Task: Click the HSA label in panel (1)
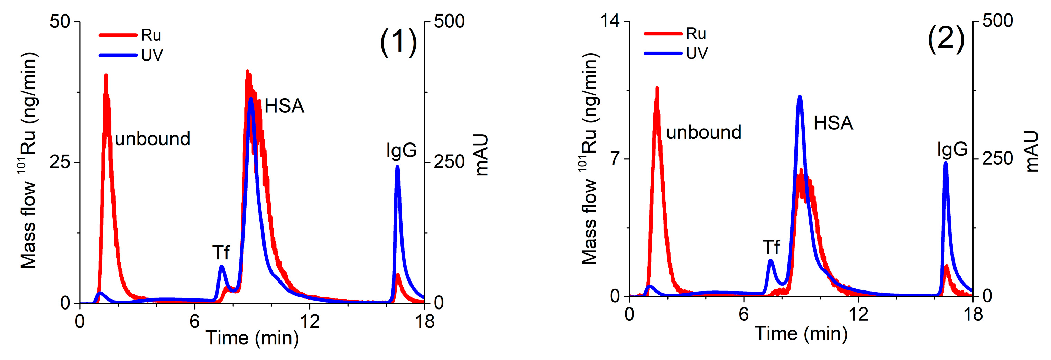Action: coord(284,106)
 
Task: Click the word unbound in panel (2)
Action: coord(703,132)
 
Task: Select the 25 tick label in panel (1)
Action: coord(59,163)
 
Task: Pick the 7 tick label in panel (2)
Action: coord(615,158)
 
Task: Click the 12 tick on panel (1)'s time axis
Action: coord(310,322)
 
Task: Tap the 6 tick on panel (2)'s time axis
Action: coord(744,315)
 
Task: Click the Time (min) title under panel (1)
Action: coord(252,338)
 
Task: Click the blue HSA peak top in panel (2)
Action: coord(800,97)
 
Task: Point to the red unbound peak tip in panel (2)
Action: coord(657,88)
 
